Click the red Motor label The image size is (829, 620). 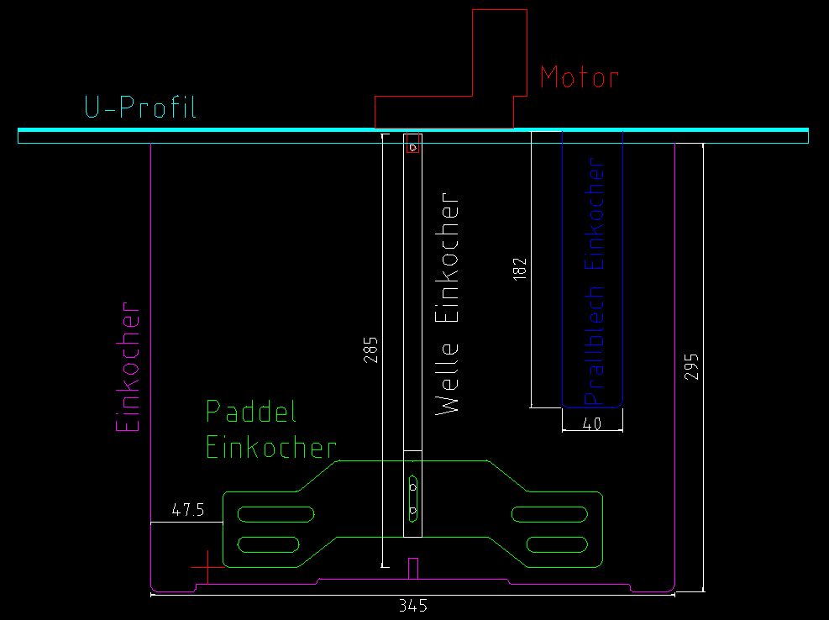579,77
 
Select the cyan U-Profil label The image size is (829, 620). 139,108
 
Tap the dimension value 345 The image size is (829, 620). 413,606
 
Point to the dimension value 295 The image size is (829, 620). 691,366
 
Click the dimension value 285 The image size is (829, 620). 371,349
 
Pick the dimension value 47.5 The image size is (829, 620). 187,511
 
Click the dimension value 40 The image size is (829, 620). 591,424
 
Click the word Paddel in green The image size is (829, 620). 252,412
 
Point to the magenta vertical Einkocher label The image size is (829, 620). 128,366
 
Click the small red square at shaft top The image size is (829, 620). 412,145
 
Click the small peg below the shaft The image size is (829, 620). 412,568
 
